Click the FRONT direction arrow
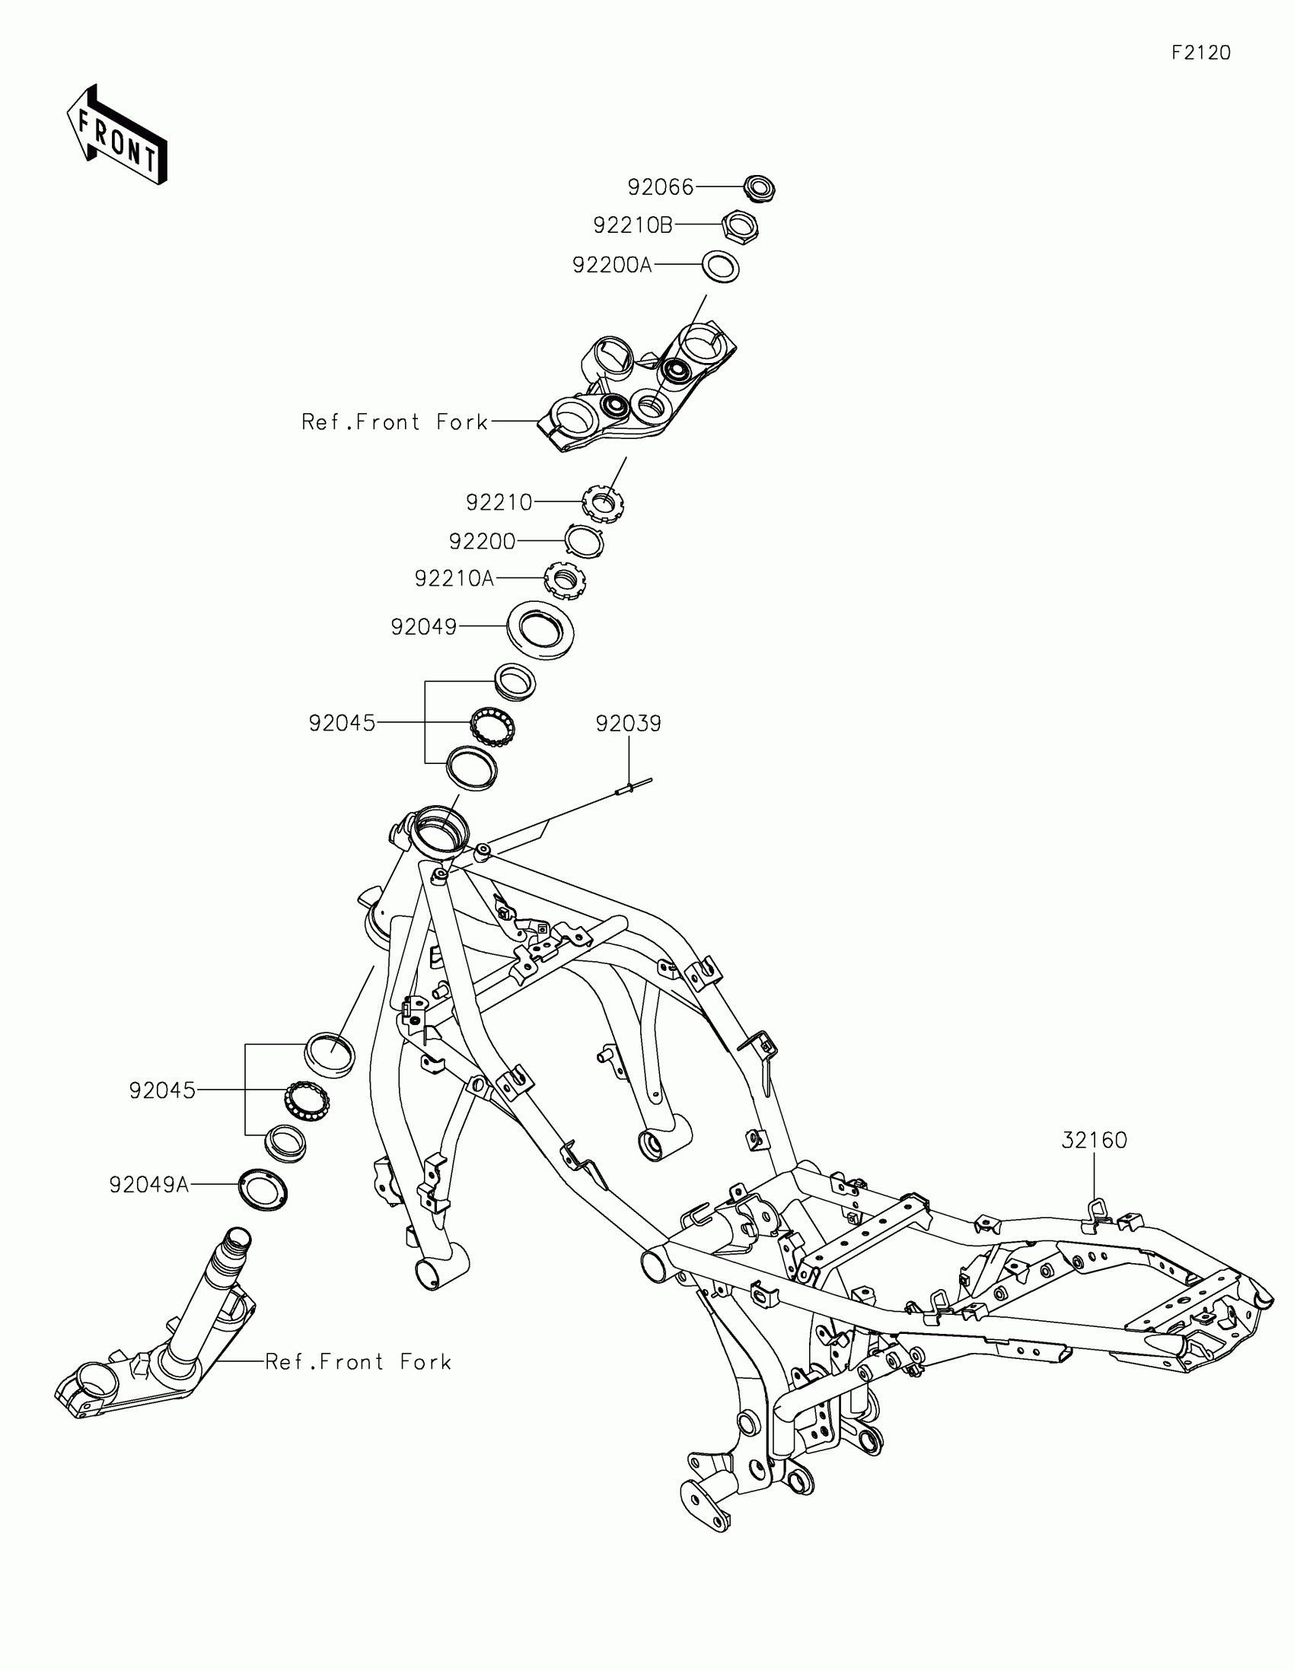pyautogui.click(x=116, y=136)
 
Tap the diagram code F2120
pyautogui.click(x=1200, y=53)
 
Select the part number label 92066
pyautogui.click(x=661, y=187)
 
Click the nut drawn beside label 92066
pyautogui.click(x=759, y=188)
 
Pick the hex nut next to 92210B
pyautogui.click(x=741, y=227)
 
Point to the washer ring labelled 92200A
pyautogui.click(x=721, y=267)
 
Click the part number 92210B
pyautogui.click(x=633, y=226)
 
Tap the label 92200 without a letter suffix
pyautogui.click(x=482, y=542)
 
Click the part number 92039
pyautogui.click(x=628, y=723)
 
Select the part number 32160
pyautogui.click(x=1095, y=1161)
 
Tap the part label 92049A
pyautogui.click(x=149, y=1186)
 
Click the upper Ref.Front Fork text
pyautogui.click(x=395, y=422)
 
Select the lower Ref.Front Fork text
pyautogui.click(x=358, y=1362)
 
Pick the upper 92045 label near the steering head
pyautogui.click(x=342, y=723)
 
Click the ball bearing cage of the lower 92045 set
pyautogui.click(x=307, y=1103)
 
